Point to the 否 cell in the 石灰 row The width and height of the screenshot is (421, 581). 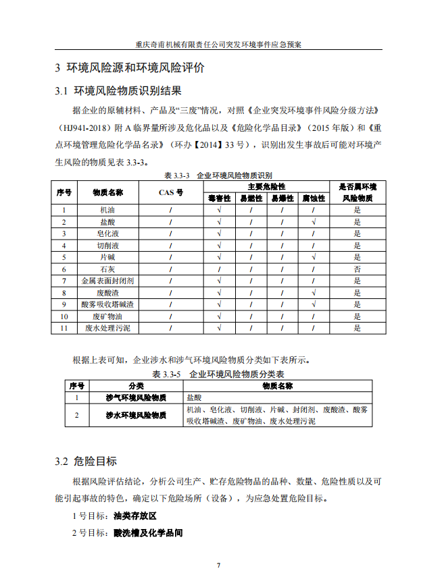pyautogui.click(x=357, y=269)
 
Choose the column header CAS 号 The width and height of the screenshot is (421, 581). pyautogui.click(x=170, y=192)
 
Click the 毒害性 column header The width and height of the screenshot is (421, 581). pyautogui.click(x=220, y=198)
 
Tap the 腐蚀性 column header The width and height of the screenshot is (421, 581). pyautogui.click(x=314, y=198)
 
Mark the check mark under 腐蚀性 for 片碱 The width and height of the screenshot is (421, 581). pyautogui.click(x=314, y=257)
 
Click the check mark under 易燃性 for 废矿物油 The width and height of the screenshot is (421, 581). pyautogui.click(x=251, y=316)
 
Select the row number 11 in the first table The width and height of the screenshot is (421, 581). pyautogui.click(x=64, y=328)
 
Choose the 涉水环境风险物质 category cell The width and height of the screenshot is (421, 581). pyautogui.click(x=136, y=416)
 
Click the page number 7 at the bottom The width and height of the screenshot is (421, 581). pyautogui.click(x=218, y=565)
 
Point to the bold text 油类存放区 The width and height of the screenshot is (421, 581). pyautogui.click(x=135, y=516)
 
